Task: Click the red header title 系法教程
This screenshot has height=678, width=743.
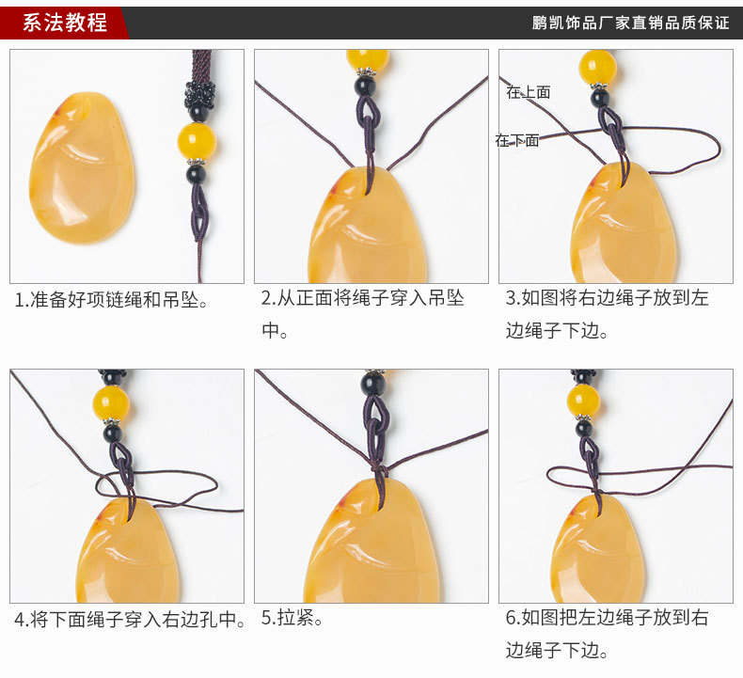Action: click(x=65, y=23)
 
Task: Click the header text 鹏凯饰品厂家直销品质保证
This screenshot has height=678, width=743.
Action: click(x=630, y=23)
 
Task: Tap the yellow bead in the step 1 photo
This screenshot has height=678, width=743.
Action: click(x=197, y=141)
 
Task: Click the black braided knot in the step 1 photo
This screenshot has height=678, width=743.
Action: click(x=197, y=95)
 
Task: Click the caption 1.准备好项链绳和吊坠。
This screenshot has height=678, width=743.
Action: click(x=111, y=300)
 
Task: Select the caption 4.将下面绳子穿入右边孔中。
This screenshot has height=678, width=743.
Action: click(x=130, y=620)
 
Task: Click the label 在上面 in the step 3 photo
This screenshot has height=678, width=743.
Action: click(x=528, y=92)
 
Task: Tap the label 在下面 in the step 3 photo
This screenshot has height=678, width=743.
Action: click(x=517, y=140)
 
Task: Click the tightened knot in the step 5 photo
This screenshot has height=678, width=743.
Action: click(x=378, y=466)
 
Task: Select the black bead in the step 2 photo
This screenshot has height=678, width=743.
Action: click(x=366, y=86)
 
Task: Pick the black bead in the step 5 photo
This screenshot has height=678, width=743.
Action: click(x=373, y=384)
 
